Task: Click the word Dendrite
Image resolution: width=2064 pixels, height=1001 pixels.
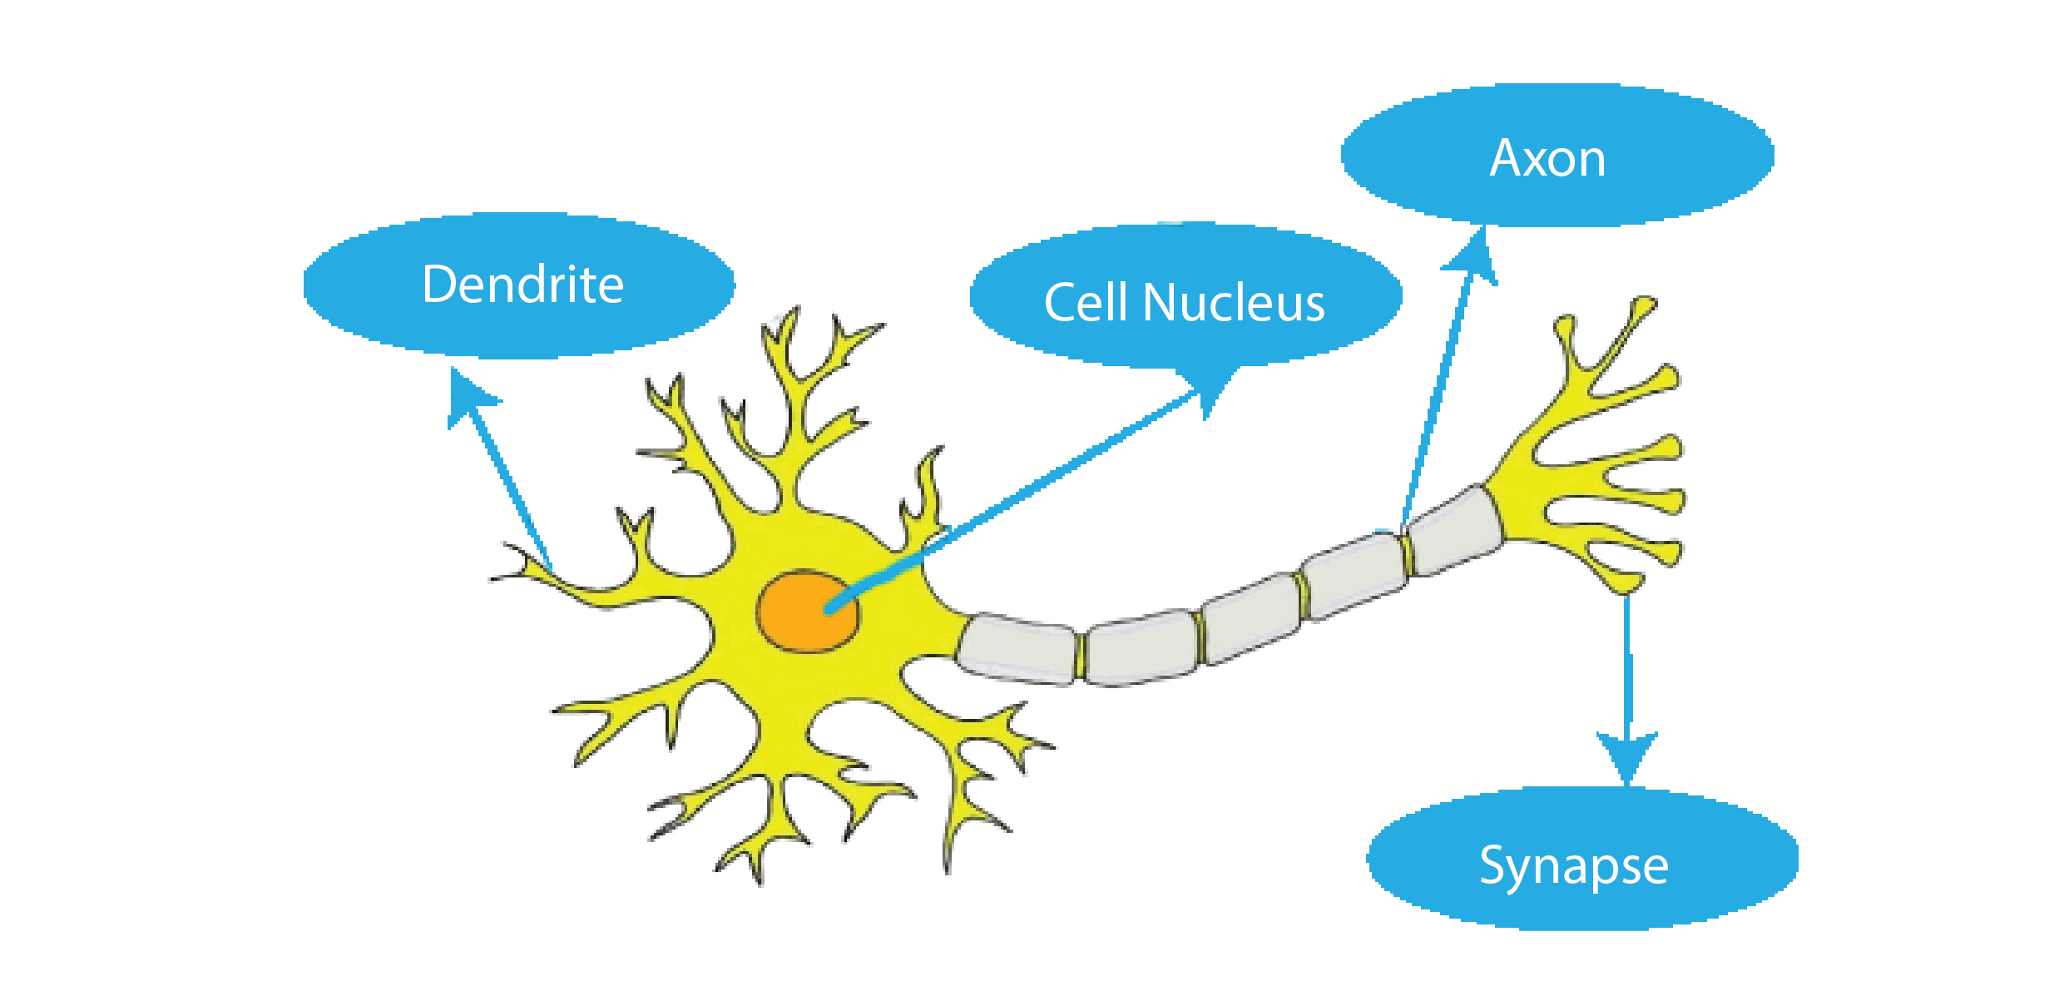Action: coord(522,285)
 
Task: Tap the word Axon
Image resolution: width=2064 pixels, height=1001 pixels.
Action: coord(1547,157)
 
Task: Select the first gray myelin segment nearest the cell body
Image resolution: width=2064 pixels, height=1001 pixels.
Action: coord(1017,648)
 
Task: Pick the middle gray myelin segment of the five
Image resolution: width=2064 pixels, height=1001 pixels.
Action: coord(1250,618)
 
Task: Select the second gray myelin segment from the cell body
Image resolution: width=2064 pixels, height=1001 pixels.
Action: coord(1141,648)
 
